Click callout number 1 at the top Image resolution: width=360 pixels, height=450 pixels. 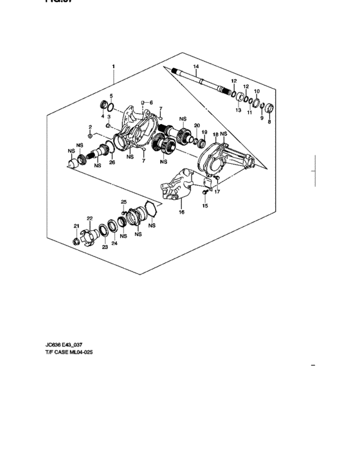pyautogui.click(x=113, y=66)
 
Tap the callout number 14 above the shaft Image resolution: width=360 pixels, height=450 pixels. pyautogui.click(x=196, y=67)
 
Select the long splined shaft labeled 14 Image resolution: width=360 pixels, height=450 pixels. pyautogui.click(x=199, y=81)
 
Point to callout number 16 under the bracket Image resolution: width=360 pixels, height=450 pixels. pyautogui.click(x=181, y=212)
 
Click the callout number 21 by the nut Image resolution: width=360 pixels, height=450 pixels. pyautogui.click(x=76, y=226)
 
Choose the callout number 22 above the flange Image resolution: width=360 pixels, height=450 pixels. pyautogui.click(x=91, y=219)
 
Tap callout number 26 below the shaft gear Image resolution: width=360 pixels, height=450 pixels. pyautogui.click(x=112, y=163)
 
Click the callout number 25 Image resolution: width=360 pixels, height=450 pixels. pyautogui.click(x=123, y=203)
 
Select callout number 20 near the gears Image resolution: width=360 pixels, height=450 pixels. pyautogui.click(x=197, y=125)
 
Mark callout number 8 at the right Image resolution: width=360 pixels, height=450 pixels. pyautogui.click(x=269, y=122)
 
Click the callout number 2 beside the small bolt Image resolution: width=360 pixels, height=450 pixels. pyautogui.click(x=91, y=127)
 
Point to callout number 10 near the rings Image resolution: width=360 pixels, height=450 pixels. pyautogui.click(x=256, y=92)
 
